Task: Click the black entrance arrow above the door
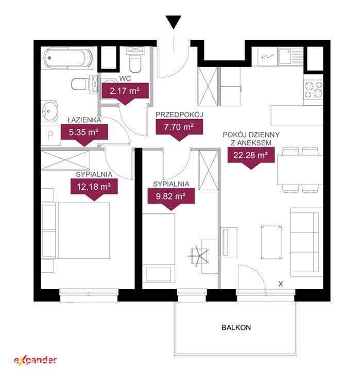click(x=174, y=22)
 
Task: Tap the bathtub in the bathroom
click(x=68, y=58)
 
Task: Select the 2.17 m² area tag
click(x=125, y=93)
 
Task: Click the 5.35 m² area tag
click(x=84, y=135)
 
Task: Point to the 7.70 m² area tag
click(x=179, y=130)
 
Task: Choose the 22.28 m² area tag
click(x=251, y=158)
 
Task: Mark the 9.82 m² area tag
click(x=171, y=199)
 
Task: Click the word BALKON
click(x=236, y=327)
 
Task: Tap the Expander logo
click(x=36, y=360)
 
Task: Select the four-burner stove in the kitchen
click(x=314, y=89)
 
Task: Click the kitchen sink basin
click(x=284, y=57)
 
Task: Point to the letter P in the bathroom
click(x=50, y=136)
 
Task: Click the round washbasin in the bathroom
click(x=49, y=111)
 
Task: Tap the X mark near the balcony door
click(x=281, y=284)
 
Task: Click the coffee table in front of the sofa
click(x=271, y=242)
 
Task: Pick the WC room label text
click(x=125, y=78)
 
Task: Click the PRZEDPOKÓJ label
click(x=179, y=115)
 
